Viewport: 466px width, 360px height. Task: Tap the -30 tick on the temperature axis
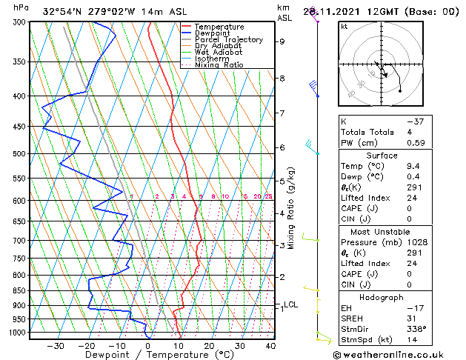click(55, 345)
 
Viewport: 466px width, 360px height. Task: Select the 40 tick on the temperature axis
click(270, 345)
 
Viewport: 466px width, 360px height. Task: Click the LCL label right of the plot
click(291, 304)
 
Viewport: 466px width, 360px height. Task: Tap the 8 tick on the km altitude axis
click(282, 79)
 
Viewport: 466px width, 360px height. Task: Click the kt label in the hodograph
click(344, 27)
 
